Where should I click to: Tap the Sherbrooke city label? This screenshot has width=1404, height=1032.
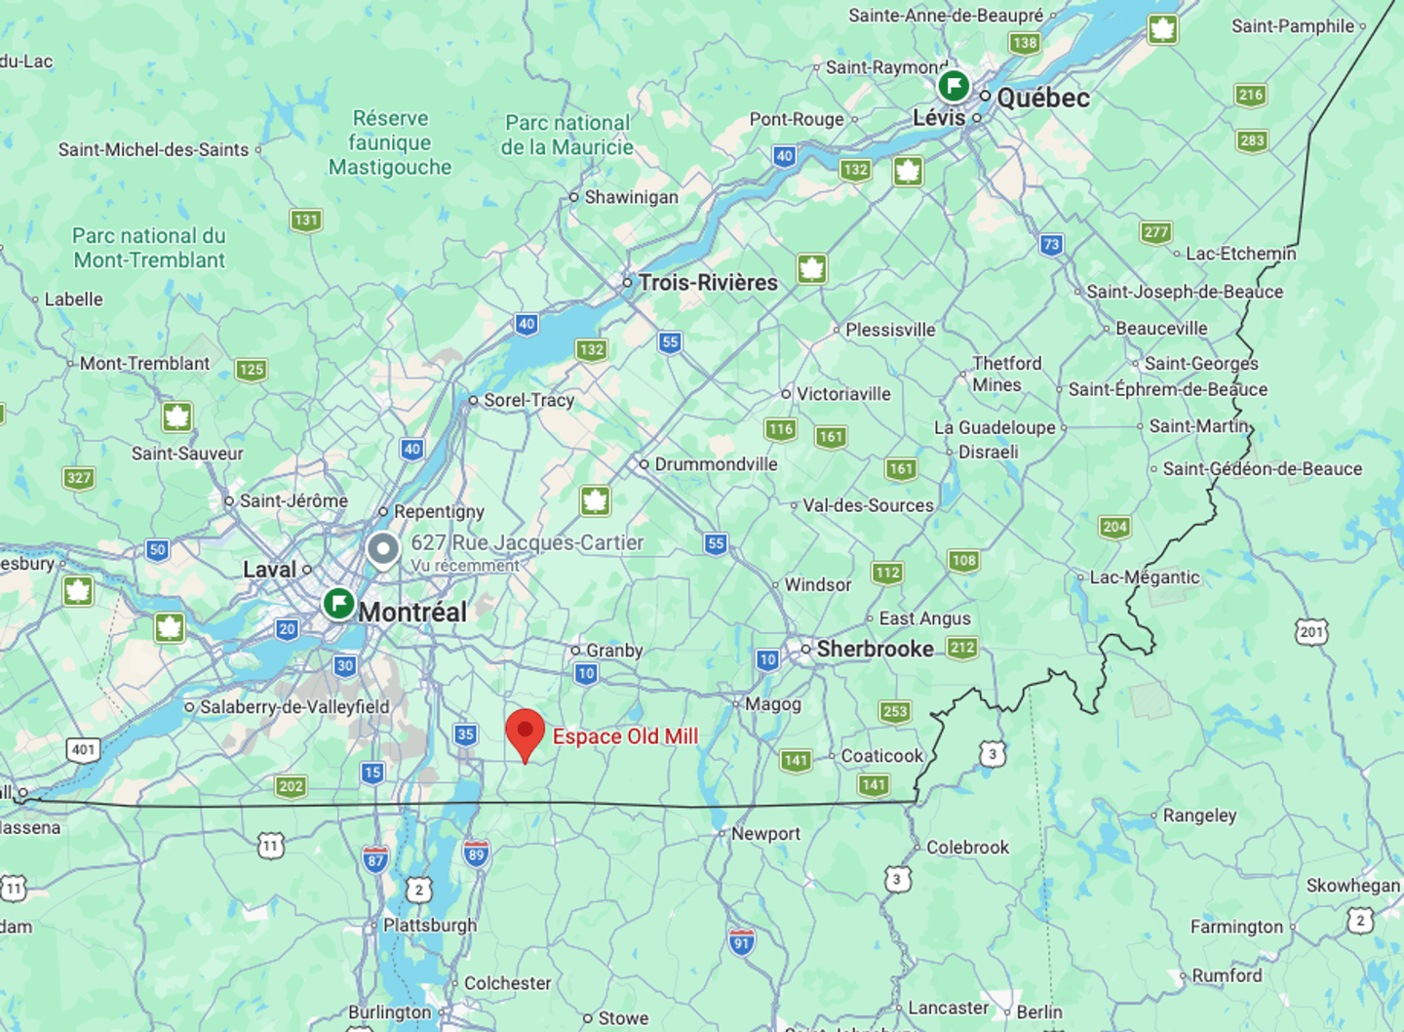[875, 649]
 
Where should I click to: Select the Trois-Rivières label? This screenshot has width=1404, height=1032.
[708, 283]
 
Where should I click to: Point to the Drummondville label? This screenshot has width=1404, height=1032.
[716, 464]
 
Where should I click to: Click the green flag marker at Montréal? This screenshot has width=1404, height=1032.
[338, 603]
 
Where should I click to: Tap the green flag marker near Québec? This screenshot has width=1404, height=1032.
[953, 86]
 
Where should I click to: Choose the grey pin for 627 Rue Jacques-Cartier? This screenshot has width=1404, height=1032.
[383, 549]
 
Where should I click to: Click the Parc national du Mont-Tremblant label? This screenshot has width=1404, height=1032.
[149, 248]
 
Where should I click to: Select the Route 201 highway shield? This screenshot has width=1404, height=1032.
[1311, 632]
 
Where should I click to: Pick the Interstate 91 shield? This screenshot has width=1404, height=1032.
[742, 942]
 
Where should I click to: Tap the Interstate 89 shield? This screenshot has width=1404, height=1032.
[476, 854]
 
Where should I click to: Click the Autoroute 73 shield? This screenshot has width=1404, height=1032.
[1050, 244]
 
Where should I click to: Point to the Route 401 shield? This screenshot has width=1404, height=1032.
[83, 750]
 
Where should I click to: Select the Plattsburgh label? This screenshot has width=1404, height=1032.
[430, 925]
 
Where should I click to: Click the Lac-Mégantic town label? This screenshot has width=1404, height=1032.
[1145, 577]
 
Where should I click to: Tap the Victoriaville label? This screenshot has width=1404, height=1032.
[843, 394]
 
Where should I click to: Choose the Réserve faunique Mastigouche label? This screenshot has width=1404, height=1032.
[390, 142]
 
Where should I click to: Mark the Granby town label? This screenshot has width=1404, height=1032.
[614, 651]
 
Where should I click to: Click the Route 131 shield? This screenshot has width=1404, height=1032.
[306, 219]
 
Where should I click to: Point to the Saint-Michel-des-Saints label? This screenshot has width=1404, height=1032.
[153, 149]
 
